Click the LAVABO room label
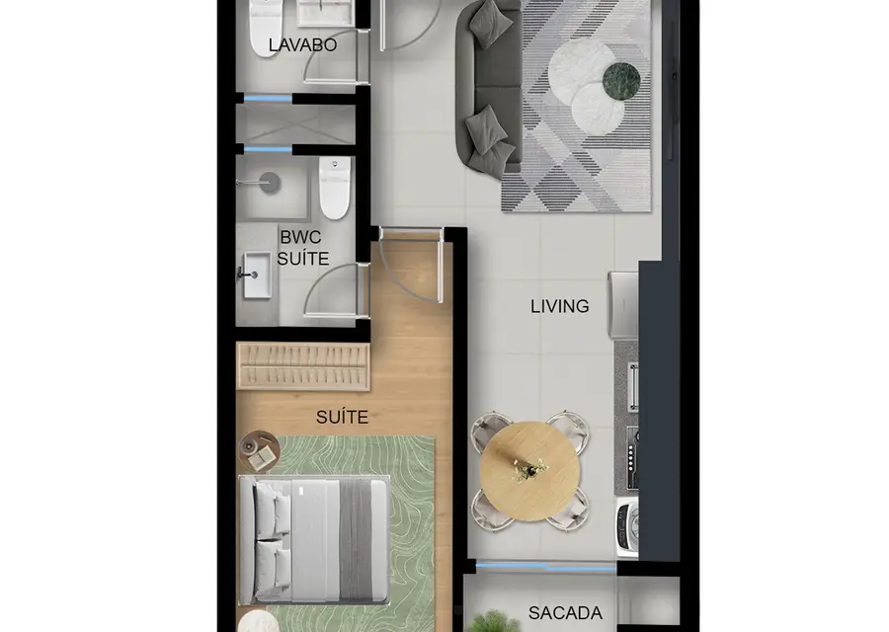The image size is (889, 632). click(x=303, y=44)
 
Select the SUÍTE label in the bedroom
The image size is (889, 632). click(x=342, y=417)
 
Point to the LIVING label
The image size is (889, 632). click(x=560, y=307)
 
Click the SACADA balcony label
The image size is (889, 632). click(x=565, y=612)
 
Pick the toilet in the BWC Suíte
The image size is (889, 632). click(x=335, y=188)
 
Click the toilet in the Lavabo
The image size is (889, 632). click(x=266, y=28)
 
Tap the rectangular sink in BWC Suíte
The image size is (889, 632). click(x=257, y=276)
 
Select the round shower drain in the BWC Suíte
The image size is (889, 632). click(x=271, y=183)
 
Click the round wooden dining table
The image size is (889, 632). click(x=529, y=471)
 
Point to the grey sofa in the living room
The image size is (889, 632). click(x=489, y=86)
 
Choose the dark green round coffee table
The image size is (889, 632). click(x=621, y=81)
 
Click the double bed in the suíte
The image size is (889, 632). click(x=314, y=540)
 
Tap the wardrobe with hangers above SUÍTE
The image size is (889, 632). click(x=303, y=366)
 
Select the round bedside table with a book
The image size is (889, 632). click(x=259, y=451)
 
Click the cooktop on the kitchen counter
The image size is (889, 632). click(x=632, y=457)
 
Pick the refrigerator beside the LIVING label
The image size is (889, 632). click(x=623, y=306)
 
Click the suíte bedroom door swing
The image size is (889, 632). click(x=411, y=266)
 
